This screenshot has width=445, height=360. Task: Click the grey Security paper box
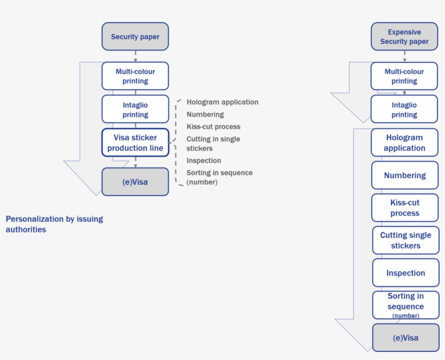[x=135, y=37]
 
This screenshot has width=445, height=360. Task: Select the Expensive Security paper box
[x=404, y=37]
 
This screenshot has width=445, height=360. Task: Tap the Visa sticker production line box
[x=135, y=143]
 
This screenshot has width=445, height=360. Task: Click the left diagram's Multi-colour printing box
[x=135, y=76]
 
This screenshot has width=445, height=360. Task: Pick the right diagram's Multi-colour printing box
[x=404, y=76]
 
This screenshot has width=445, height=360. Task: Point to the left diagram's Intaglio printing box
[x=135, y=110]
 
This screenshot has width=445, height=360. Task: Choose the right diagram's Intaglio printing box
[x=404, y=110]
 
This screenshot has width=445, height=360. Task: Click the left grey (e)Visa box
[x=135, y=182]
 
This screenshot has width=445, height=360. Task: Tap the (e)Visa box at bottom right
[x=405, y=338]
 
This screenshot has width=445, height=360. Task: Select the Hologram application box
[x=404, y=143]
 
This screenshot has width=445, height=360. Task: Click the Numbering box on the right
[x=405, y=175]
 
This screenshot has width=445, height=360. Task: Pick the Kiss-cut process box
[x=405, y=208]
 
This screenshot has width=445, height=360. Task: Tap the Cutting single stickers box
[x=405, y=240]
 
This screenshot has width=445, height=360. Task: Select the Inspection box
[x=405, y=273]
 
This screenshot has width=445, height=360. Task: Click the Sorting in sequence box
[x=405, y=305]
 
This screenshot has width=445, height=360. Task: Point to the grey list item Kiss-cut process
[x=213, y=127]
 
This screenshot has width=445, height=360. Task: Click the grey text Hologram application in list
[x=223, y=102]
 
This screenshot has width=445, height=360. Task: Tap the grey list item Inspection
[x=204, y=160]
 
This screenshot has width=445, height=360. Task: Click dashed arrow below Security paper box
[x=135, y=56]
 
